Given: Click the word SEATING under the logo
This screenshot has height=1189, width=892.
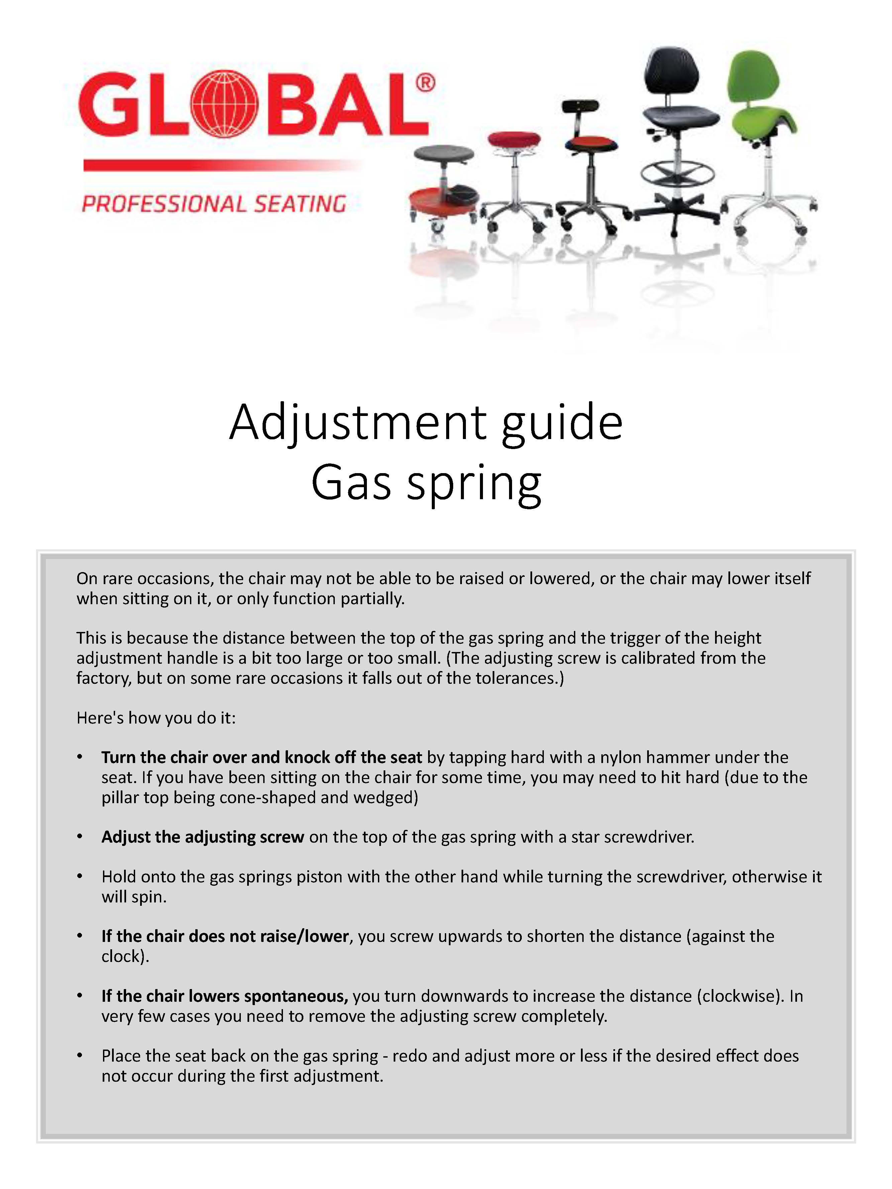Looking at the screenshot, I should coord(300,205).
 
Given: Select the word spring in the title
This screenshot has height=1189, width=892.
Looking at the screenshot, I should coord(474,483).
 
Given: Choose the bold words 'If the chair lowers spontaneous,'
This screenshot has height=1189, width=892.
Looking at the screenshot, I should coord(225,996).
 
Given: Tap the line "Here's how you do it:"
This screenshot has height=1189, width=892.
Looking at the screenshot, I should coord(156,718).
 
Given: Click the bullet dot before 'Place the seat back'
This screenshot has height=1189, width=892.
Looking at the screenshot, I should coord(80,1056).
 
